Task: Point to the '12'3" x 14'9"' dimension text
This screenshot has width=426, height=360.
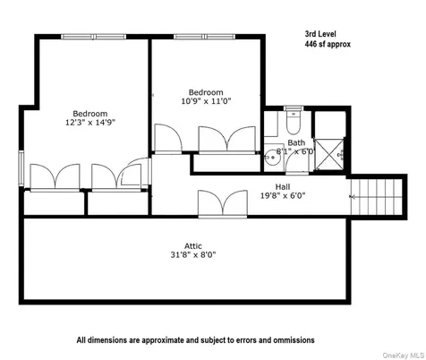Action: tap(90, 124)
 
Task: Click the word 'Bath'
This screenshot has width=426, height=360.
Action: tap(296, 143)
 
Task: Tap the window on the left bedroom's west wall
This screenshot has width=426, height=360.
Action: tap(21, 166)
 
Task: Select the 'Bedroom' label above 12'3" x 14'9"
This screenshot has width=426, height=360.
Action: tap(90, 114)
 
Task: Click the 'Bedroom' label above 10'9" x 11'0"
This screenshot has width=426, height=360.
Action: tap(205, 92)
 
